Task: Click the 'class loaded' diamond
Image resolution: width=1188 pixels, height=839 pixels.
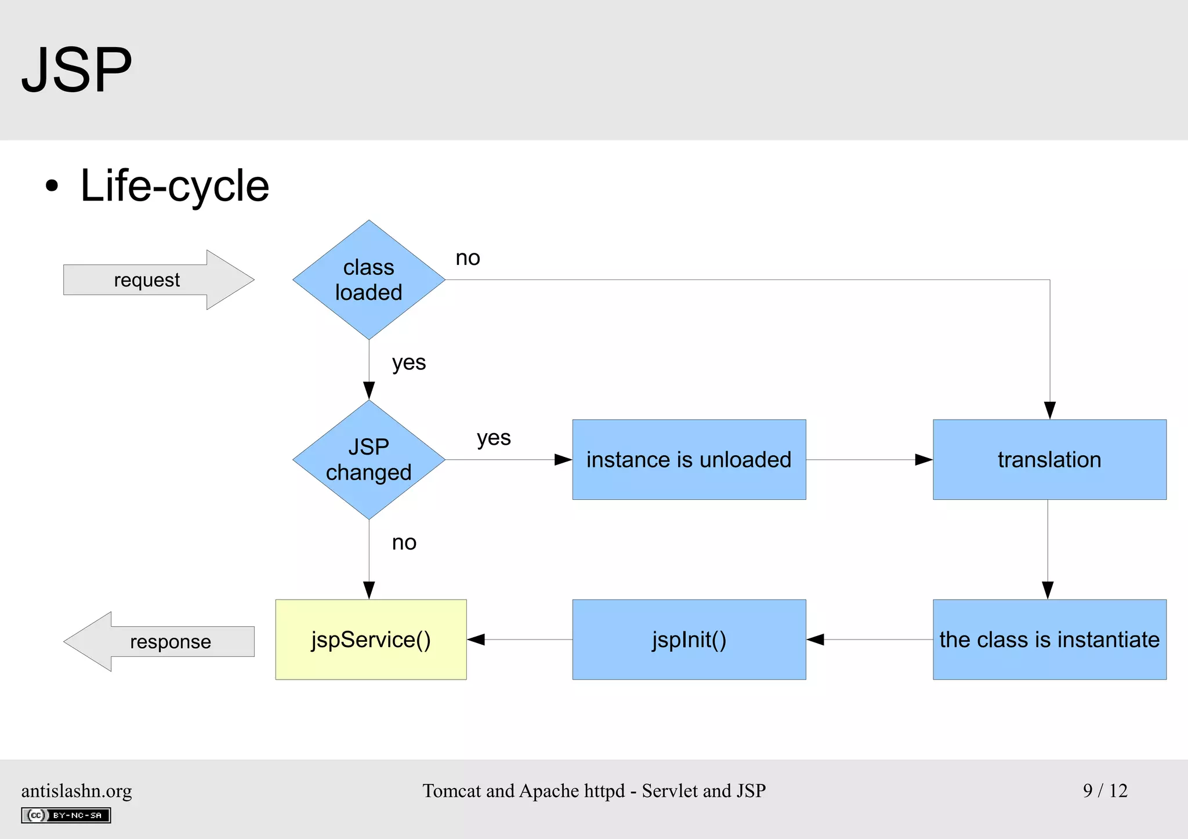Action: coord(369,280)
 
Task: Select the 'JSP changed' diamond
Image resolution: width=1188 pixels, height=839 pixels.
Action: coord(369,460)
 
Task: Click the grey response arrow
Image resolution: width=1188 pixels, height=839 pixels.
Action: coord(162,641)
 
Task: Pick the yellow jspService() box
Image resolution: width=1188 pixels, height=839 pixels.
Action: coord(371,640)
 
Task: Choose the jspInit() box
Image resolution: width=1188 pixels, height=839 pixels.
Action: coord(689,640)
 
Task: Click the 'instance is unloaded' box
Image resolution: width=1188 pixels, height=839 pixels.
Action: coord(689,460)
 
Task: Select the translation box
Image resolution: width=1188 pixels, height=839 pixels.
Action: coord(1049,460)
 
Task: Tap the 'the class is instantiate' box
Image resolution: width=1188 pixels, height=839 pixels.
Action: coord(1049,640)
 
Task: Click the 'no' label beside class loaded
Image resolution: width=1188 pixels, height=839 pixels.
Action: coord(468,258)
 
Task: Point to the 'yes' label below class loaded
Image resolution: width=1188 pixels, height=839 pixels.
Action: coord(408,363)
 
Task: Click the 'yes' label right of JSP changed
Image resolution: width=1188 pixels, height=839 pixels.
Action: coord(494,438)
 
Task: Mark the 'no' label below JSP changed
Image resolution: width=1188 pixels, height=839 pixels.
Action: coord(404,543)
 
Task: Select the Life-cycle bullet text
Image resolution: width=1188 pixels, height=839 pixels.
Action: coord(174,186)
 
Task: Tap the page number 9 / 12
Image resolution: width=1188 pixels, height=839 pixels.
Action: coord(1104,790)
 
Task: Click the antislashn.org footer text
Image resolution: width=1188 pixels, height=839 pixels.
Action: coord(77,791)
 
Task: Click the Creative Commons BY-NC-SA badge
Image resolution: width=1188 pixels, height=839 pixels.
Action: coord(66,815)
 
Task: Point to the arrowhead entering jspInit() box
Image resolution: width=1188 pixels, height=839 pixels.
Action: coord(815,640)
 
